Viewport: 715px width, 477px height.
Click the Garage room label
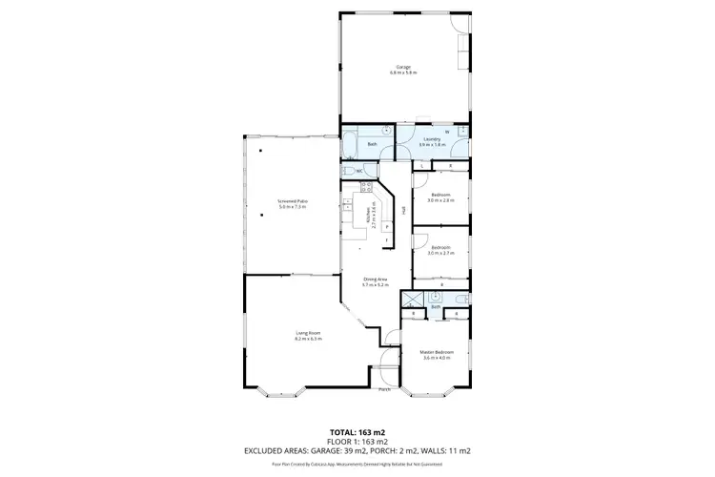pos(404,69)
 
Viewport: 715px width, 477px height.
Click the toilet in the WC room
pos(349,171)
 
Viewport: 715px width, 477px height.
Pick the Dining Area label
pos(375,281)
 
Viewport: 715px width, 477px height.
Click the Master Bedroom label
pos(436,355)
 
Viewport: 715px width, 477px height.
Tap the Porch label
pos(385,389)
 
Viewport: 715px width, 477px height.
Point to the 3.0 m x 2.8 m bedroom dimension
pos(440,200)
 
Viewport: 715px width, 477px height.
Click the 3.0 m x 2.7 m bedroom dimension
pos(440,253)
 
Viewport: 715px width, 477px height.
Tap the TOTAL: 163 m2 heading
pos(357,431)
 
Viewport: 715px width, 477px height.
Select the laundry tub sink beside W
pos(462,132)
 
